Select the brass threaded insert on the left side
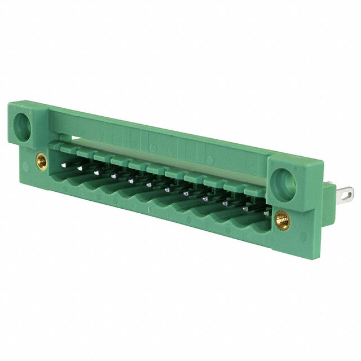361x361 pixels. (41, 161)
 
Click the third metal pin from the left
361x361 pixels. (113, 175)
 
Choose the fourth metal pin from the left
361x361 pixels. (130, 180)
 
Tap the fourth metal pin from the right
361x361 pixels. (205, 198)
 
